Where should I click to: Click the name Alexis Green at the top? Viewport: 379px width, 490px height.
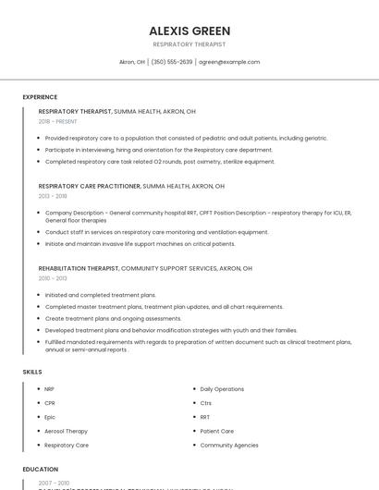(189, 31)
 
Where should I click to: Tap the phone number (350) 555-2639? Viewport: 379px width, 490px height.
(172, 62)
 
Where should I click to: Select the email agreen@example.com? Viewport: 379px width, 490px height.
(230, 62)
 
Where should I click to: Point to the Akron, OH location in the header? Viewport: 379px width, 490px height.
(132, 62)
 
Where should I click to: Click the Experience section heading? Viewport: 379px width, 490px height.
(40, 97)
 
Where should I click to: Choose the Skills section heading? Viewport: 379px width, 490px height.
(32, 372)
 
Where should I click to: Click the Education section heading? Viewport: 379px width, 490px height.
(41, 470)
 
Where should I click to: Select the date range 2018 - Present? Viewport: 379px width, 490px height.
(58, 121)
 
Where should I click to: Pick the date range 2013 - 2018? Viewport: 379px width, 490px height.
(53, 196)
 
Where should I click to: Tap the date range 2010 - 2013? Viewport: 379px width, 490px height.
(53, 278)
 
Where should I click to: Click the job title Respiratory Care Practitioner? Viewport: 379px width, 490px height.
(90, 186)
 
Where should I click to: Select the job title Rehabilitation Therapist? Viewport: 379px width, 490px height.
(79, 268)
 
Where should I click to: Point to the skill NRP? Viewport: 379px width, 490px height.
(50, 389)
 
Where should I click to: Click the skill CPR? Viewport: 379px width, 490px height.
(50, 403)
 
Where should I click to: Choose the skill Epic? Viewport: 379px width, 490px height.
(50, 417)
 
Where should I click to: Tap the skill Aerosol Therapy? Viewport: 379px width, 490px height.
(66, 431)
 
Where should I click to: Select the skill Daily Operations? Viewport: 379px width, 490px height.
(222, 389)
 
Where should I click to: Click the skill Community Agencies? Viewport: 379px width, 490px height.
(229, 445)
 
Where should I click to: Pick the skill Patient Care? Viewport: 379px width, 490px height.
(217, 431)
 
